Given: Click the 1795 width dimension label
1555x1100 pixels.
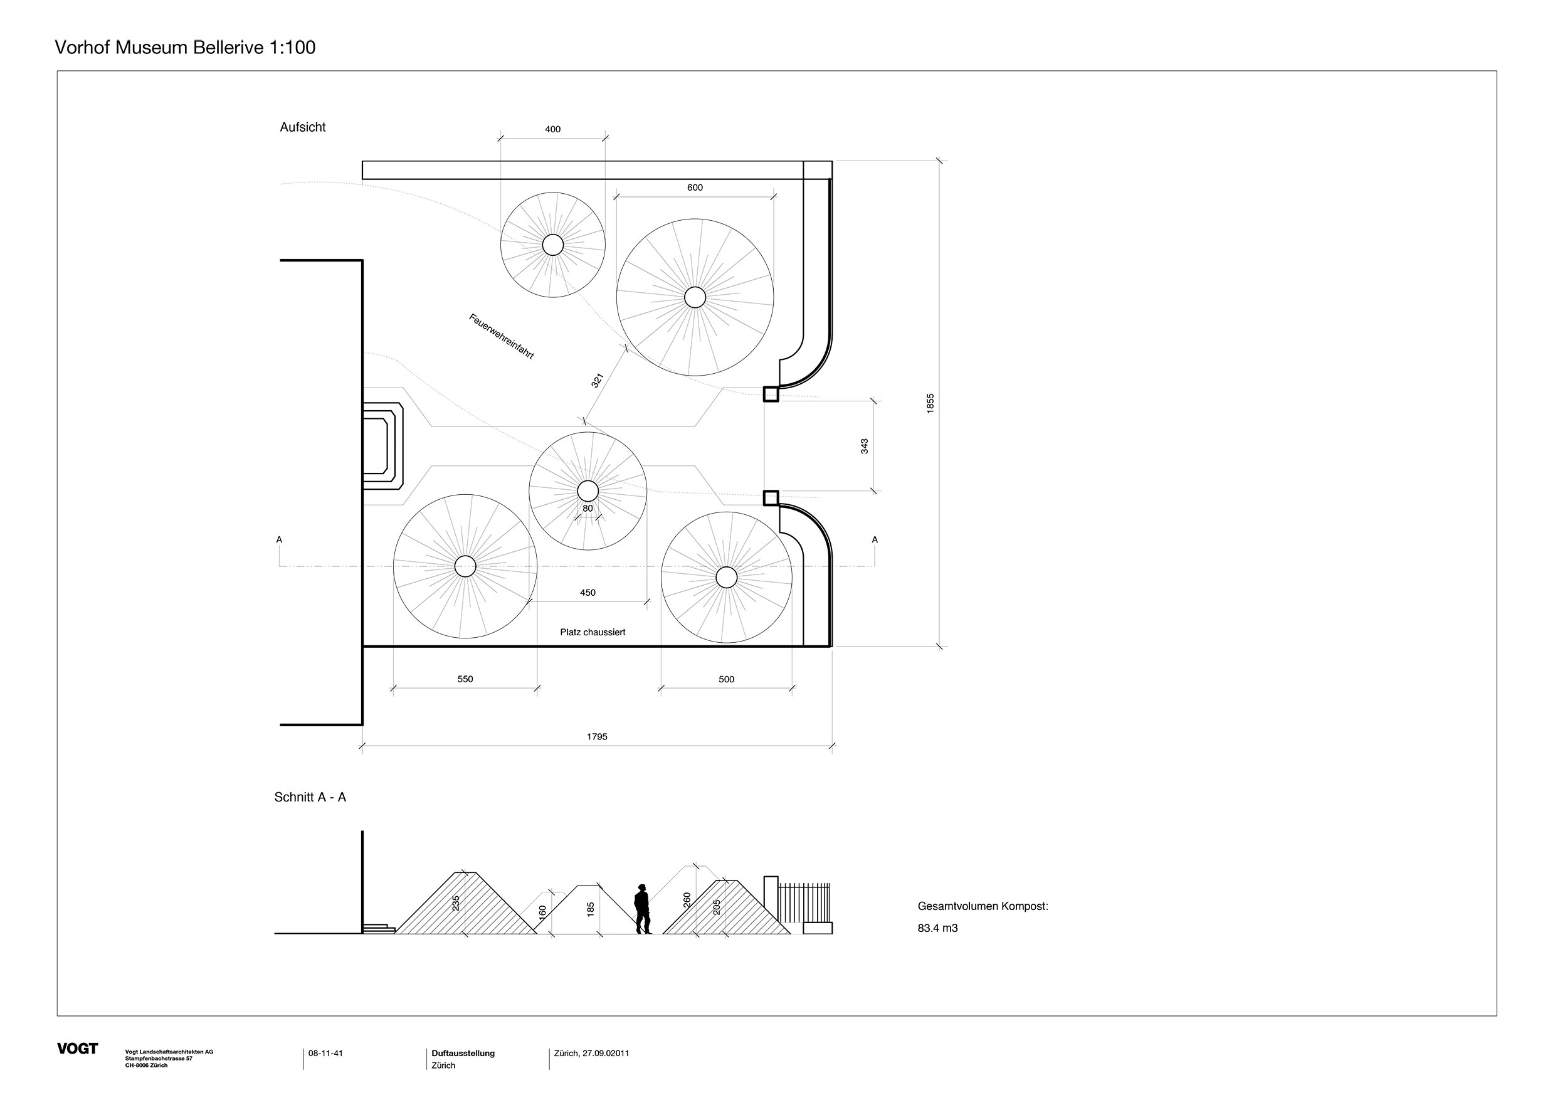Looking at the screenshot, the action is (597, 737).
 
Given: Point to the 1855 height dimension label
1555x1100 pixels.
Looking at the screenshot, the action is (930, 403).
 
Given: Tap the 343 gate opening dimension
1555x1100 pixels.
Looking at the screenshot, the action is (864, 446).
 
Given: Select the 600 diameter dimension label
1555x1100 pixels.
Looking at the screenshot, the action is (695, 188).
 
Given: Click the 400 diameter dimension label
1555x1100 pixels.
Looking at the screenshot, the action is (552, 129).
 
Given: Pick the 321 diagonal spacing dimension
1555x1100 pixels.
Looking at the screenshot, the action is (597, 381).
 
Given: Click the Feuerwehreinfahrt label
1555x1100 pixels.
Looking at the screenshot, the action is (501, 336).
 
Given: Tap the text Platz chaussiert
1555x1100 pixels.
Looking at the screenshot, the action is (593, 632).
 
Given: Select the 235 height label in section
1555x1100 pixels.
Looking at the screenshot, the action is (456, 903).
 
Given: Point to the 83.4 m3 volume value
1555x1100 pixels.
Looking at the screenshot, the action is (937, 929).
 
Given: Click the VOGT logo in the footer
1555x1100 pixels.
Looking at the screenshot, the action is (77, 1049).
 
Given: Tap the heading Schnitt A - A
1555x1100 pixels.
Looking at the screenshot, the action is (310, 797).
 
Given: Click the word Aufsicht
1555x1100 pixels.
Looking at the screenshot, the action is (303, 127).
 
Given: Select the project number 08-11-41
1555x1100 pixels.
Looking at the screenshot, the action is (326, 1053).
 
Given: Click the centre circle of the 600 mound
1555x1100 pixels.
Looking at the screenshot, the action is (695, 297).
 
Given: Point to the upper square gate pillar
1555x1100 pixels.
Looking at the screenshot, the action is (771, 394).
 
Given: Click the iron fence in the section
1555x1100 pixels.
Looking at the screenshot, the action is (804, 903).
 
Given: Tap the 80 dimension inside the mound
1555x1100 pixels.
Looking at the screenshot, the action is (587, 509).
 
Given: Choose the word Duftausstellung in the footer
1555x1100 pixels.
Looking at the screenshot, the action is (463, 1053).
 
